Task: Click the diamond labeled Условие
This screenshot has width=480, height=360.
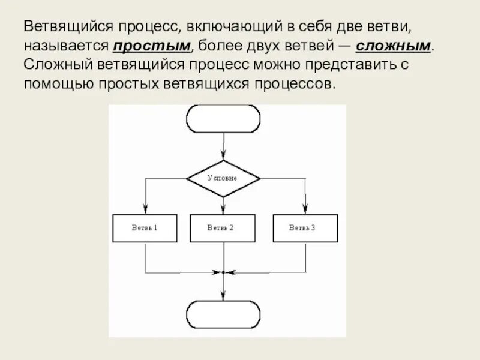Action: pyautogui.click(x=223, y=178)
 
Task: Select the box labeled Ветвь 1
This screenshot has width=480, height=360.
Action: pyautogui.click(x=145, y=228)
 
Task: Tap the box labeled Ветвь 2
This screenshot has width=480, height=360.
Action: pyautogui.click(x=221, y=228)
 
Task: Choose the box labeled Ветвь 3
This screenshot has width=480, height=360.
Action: pyautogui.click(x=305, y=228)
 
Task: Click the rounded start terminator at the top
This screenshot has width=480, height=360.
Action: pyautogui.click(x=223, y=118)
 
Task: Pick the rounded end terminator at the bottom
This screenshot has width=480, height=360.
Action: pyautogui.click(x=223, y=314)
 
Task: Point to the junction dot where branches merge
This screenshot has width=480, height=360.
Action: pyautogui.click(x=223, y=272)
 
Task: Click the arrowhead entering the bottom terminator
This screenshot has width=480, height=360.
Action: pyautogui.click(x=223, y=296)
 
